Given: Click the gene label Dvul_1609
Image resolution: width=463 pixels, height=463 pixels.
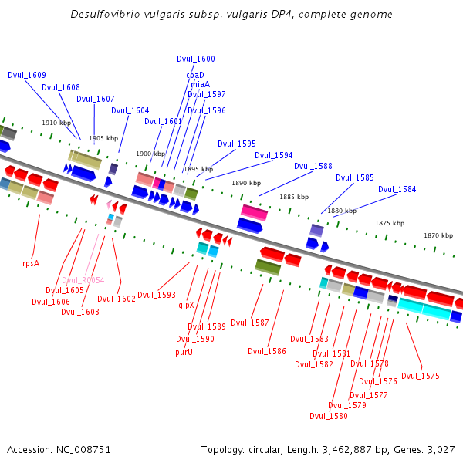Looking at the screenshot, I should pos(27,75).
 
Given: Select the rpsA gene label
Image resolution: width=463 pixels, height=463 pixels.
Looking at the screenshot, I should pos(31,263).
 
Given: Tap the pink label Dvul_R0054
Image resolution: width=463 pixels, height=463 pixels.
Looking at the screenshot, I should pos(83,280).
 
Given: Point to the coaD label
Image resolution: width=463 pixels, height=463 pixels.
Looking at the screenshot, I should pos(195,75).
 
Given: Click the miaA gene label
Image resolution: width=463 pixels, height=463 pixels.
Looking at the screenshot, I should pos(200,84).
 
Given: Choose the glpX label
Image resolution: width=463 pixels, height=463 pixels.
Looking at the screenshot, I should pos(186,306).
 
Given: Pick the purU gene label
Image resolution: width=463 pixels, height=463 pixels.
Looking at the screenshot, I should pos(184,352).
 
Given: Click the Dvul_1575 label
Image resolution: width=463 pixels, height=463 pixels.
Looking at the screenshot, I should pos(421,376).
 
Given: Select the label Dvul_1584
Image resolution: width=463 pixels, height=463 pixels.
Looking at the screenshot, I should pos(397,189).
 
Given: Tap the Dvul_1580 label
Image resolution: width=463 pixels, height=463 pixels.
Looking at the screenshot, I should pos(329,416).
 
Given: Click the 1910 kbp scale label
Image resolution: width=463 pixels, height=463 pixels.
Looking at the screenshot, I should pos(56,123).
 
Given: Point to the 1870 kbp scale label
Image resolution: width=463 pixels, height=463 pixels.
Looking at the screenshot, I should pos(438,235).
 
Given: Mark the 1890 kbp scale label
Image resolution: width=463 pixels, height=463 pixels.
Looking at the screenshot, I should pos(246,183).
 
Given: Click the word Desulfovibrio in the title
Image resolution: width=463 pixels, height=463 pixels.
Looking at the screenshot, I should pos(105,15).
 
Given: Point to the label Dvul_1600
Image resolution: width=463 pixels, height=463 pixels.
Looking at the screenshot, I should pos(196,59).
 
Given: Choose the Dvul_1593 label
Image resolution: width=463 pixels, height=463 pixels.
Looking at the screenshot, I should pos(157,295).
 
